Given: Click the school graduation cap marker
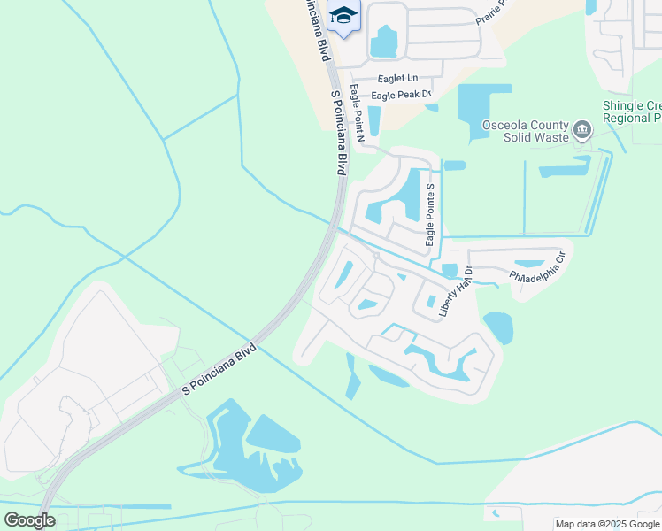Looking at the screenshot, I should [x=343, y=16].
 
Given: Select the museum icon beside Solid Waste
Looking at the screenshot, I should [x=582, y=132].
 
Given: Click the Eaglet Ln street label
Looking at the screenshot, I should [x=397, y=78].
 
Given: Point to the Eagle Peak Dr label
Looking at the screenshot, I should [x=401, y=94].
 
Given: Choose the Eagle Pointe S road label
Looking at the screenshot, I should [x=430, y=215].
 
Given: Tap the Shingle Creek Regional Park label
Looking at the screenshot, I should [x=632, y=112].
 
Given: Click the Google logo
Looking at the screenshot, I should [x=29, y=519].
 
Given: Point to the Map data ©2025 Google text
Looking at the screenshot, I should [x=607, y=524].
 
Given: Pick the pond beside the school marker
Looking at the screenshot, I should [x=385, y=42].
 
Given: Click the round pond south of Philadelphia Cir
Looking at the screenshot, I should [x=497, y=327].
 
